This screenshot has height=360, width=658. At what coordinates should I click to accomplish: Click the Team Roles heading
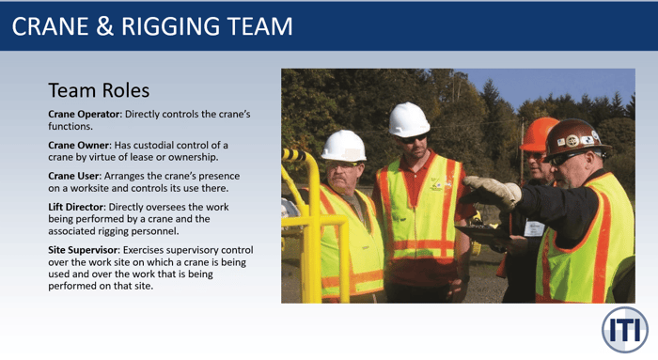coord(99,91)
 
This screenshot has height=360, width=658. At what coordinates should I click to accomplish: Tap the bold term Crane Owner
coord(80,145)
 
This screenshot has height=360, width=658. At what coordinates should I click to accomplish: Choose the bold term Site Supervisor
coord(87,249)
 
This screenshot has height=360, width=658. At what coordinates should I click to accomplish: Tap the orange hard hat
coord(540,133)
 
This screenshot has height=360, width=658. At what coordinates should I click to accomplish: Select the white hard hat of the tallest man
coord(409,119)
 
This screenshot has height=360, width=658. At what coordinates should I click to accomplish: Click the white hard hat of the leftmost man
coord(344,146)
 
